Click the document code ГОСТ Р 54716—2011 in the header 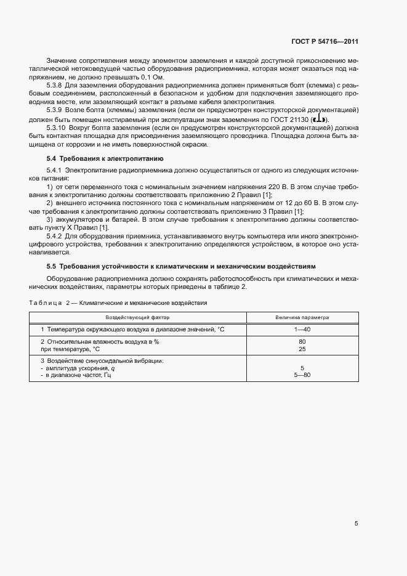[324, 42]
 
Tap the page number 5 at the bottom [356, 524]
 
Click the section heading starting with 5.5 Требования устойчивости [181, 266]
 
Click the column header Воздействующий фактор [137, 318]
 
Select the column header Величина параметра [302, 318]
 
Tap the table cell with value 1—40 [302, 330]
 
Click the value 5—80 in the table [302, 375]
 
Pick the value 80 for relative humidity [302, 341]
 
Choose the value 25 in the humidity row [302, 349]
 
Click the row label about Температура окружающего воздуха [132, 330]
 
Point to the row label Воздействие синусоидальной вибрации [102, 360]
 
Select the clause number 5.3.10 [58, 129]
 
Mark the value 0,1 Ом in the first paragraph [151, 78]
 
